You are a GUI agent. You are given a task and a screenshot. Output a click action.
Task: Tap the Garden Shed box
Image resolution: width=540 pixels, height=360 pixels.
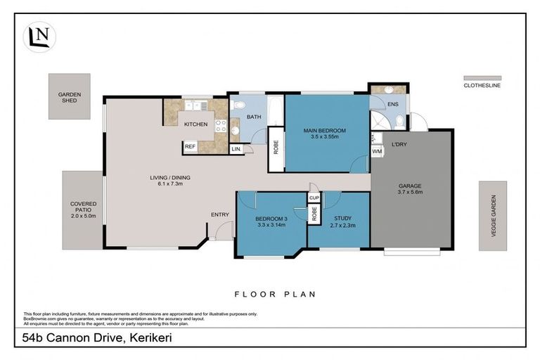pos(68,96)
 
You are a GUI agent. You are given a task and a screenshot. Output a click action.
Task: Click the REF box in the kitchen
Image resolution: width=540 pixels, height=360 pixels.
pos(190,147)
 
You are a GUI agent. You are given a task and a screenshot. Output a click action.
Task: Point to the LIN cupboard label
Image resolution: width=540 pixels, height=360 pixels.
pos(236,149)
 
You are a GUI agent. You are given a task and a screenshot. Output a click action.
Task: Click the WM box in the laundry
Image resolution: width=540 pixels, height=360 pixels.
pos(378,151)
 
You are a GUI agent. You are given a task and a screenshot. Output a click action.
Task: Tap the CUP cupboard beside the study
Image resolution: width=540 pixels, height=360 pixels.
pos(314,198)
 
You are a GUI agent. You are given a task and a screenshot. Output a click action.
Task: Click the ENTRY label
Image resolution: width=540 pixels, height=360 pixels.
pos(219,214)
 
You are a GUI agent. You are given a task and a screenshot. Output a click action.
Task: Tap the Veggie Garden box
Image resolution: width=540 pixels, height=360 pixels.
pos(492,216)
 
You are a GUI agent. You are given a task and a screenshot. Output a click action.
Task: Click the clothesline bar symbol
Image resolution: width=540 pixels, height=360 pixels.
pos(482,78)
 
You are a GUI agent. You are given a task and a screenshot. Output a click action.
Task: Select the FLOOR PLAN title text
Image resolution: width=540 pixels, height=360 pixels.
pos(275,294)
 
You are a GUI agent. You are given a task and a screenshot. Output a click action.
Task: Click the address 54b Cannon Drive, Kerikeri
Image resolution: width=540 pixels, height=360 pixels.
pos(94,338)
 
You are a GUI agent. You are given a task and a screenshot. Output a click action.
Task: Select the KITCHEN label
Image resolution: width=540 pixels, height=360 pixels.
pos(196,124)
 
